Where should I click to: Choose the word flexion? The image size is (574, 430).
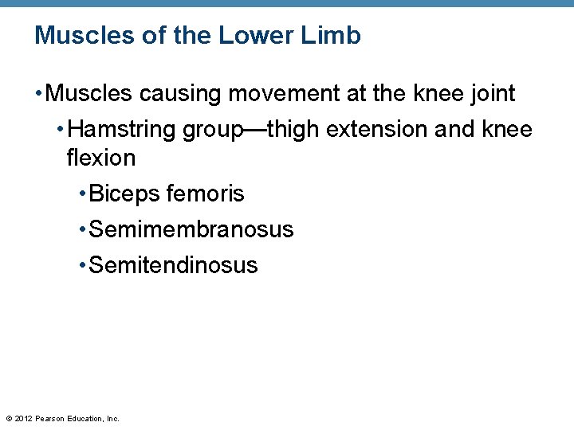101,158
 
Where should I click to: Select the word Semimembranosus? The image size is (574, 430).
191,229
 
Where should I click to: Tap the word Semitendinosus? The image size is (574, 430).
174,265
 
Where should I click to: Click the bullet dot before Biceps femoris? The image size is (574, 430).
83,194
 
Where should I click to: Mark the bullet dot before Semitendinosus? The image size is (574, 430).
83,266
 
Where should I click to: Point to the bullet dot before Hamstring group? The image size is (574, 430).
61,130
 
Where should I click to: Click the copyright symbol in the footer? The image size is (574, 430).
9,418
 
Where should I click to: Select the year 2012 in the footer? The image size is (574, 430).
23,418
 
